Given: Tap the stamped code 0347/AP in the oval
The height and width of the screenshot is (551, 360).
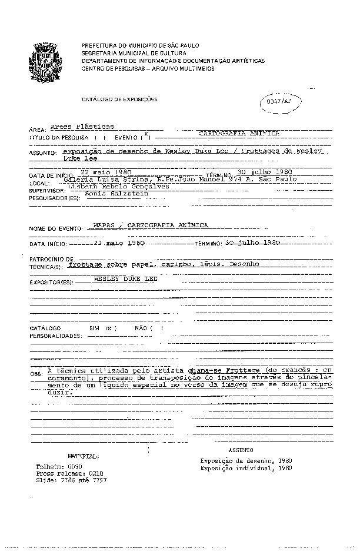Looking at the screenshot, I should coord(279,101).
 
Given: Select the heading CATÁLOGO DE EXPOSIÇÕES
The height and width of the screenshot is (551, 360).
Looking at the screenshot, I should coord(119,99).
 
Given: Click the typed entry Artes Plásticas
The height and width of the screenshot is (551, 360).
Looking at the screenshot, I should coord(82,127).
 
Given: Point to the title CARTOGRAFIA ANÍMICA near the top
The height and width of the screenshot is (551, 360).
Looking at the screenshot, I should coord(239,134).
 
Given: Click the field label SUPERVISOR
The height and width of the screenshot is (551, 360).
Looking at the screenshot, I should coord(45,191).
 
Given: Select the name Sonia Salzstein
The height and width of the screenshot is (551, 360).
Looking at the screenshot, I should coord(112,193).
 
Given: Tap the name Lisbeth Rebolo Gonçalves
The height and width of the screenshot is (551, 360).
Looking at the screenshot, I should coord(119,186).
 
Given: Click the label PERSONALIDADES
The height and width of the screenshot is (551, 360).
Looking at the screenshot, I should coord(55,336).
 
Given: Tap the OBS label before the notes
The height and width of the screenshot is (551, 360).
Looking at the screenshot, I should coord(36,373).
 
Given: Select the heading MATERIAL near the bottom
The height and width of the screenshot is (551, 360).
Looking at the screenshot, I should coord(83,456).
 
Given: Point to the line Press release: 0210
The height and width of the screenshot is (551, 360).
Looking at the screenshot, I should coord(69,473).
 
